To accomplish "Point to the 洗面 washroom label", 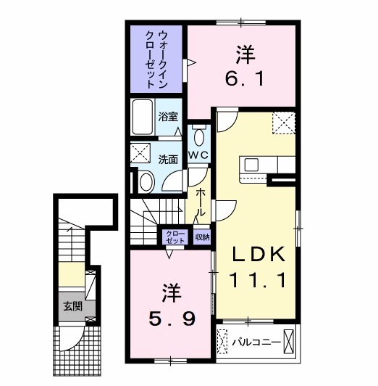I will click(169, 159).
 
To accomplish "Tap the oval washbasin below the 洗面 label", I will click(146, 181).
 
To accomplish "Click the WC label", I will click(199, 155).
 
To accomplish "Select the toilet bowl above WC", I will click(200, 135).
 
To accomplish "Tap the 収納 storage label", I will click(201, 237).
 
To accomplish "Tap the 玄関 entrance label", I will click(71, 305).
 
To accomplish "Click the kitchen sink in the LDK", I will click(253, 164).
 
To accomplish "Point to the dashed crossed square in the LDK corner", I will click(283, 123).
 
